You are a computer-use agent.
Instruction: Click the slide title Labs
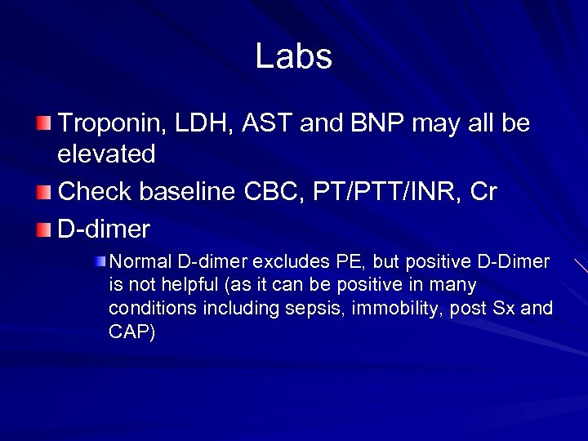[293, 56]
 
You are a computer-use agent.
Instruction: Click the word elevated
[106, 154]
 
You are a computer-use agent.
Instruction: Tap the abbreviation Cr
[482, 191]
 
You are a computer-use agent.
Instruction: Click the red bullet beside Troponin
[43, 124]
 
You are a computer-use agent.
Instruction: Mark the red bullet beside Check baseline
[43, 191]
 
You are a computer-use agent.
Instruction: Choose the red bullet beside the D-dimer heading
[43, 229]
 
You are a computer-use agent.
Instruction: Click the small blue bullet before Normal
[100, 261]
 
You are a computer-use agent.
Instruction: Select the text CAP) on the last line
[131, 332]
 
